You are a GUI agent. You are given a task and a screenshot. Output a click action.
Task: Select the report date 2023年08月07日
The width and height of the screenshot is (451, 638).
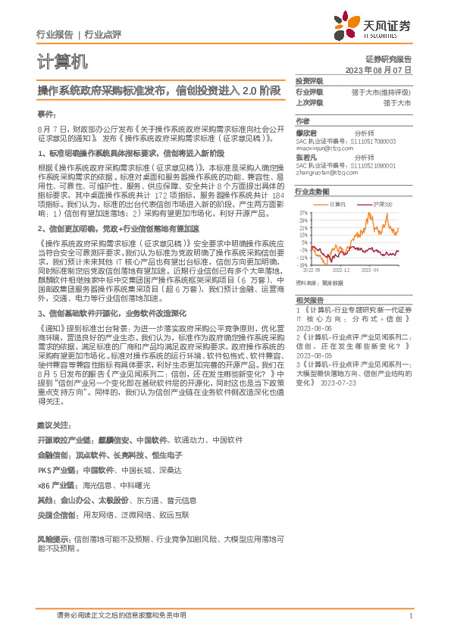point(377,69)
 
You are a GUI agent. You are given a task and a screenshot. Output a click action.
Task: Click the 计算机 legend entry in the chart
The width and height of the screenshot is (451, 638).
point(338,205)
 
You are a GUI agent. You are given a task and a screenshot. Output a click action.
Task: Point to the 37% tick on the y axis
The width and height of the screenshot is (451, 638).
point(303,213)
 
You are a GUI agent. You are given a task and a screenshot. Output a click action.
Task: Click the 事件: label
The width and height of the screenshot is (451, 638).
point(46,113)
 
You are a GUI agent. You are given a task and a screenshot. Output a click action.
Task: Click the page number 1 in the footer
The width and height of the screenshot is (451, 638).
point(409,616)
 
